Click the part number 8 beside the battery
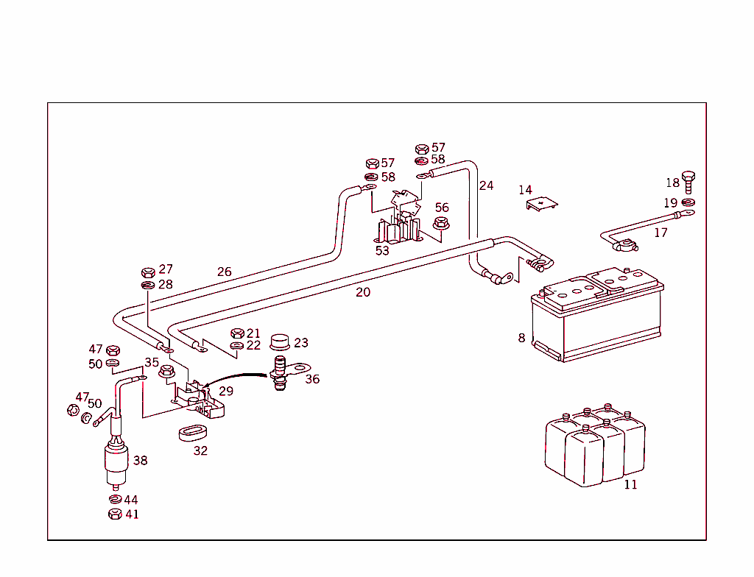click(521, 338)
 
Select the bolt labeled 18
click(688, 180)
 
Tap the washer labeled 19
click(688, 202)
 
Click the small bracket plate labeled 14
click(543, 204)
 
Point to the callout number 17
click(660, 233)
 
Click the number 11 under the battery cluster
click(630, 484)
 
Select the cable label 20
click(363, 292)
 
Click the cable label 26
click(224, 272)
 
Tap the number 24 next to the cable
click(486, 185)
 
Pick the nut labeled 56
click(441, 223)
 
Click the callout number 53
click(382, 250)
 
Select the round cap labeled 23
click(281, 342)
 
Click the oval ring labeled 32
click(194, 432)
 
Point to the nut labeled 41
click(114, 514)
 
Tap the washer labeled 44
click(114, 500)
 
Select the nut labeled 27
click(147, 271)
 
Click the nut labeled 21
click(237, 334)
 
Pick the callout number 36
click(312, 379)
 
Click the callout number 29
click(225, 392)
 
